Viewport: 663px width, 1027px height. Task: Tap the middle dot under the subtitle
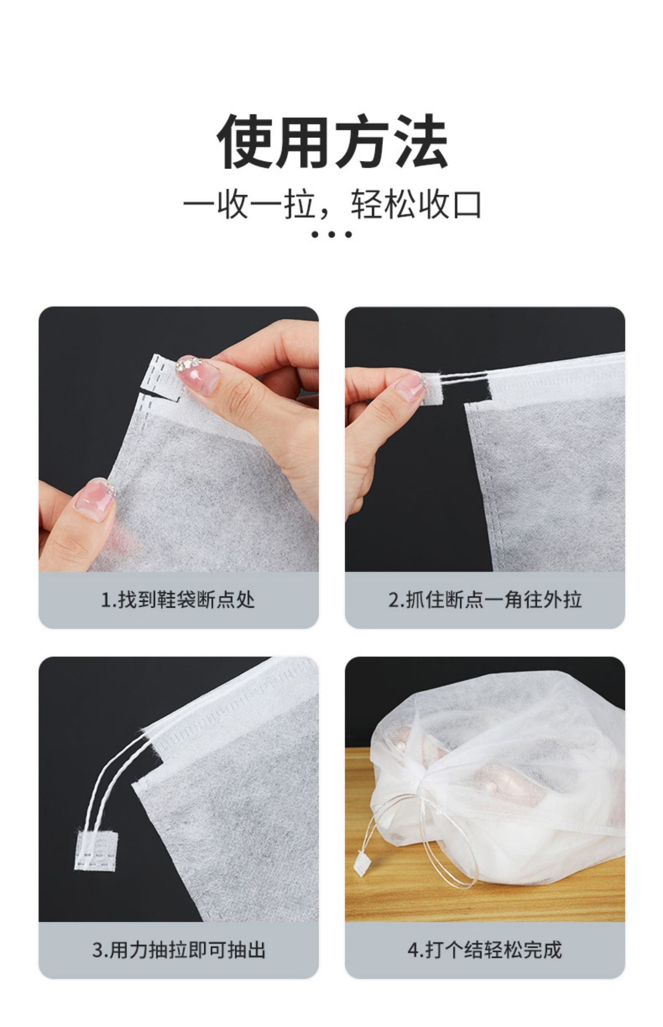(331, 235)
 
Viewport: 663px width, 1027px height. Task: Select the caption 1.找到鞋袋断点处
(178, 601)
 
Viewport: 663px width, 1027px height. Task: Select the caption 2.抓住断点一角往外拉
(485, 601)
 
